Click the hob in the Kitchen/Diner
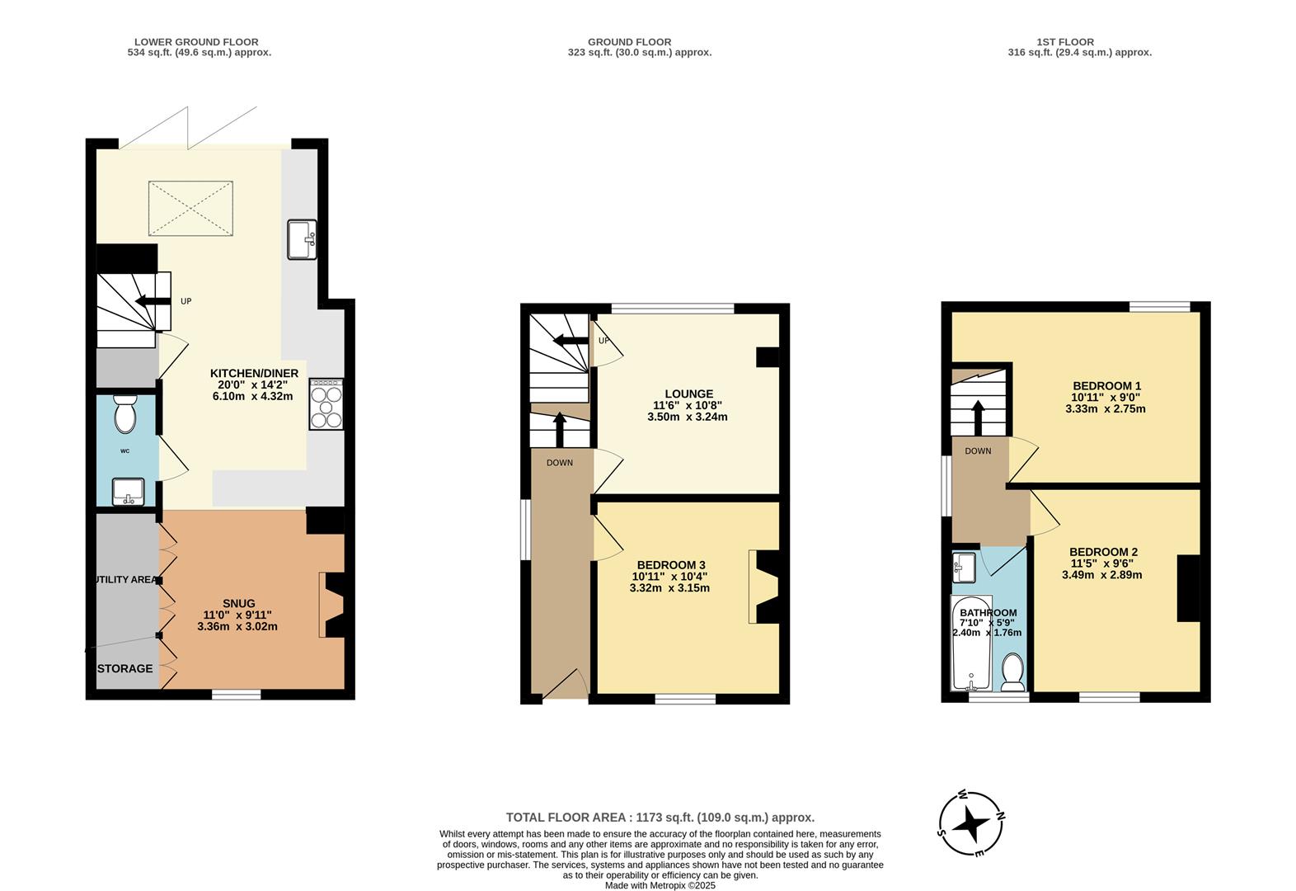coord(326,404)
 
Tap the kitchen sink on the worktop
coord(302,239)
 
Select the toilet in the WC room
coord(124,415)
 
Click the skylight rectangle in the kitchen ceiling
coord(191,208)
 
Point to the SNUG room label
coord(239,603)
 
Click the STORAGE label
coord(126,668)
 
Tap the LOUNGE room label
coord(689,394)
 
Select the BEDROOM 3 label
coord(670,565)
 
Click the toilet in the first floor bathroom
coord(1012,672)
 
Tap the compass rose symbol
coord(973,823)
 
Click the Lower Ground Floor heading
coord(195,41)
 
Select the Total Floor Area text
coord(660,818)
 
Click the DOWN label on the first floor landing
coord(978,451)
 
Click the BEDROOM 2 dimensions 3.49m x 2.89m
coord(1101,575)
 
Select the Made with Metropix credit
coord(660,885)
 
